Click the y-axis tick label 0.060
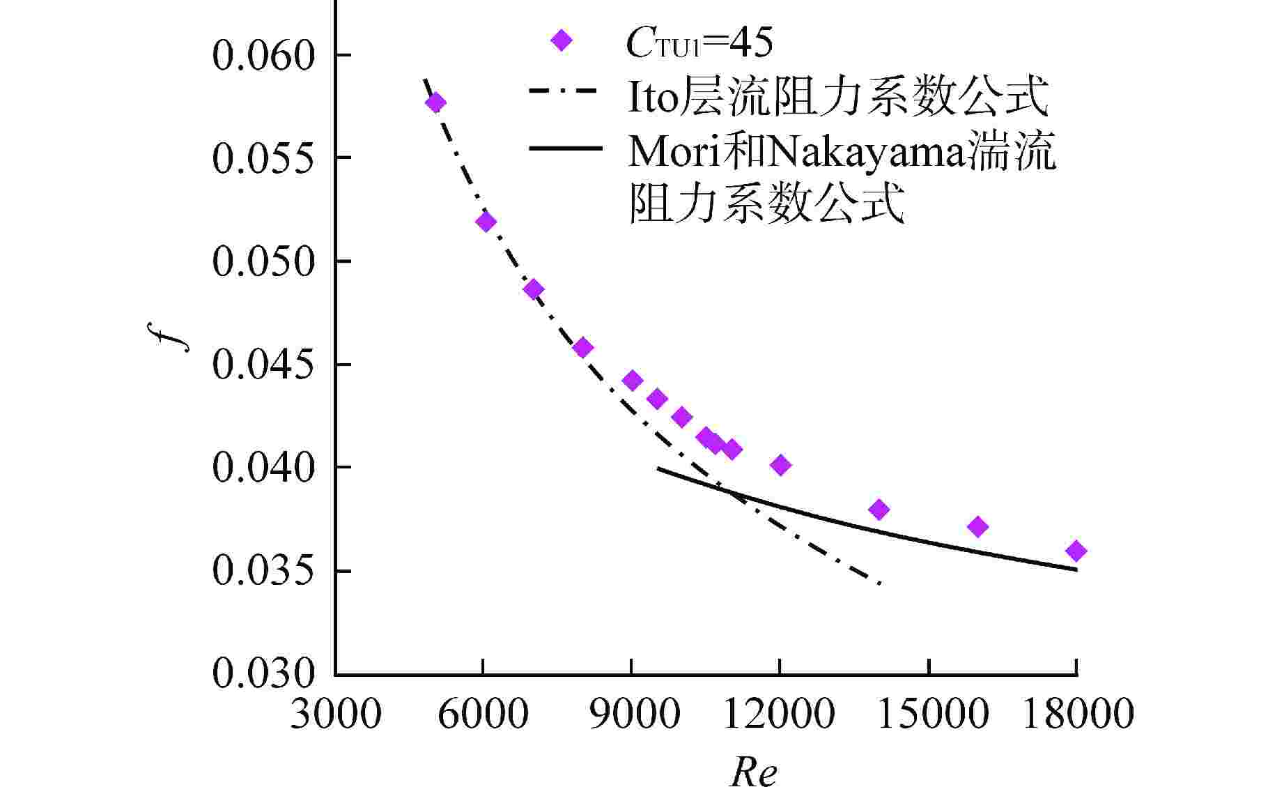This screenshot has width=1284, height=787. pyautogui.click(x=264, y=56)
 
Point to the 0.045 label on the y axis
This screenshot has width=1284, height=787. pyautogui.click(x=264, y=365)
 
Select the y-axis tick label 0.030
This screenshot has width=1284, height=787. pyautogui.click(x=264, y=673)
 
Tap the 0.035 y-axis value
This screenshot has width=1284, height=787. pyautogui.click(x=264, y=571)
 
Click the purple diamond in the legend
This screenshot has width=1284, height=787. pyautogui.click(x=561, y=40)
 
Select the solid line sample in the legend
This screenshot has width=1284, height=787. pyautogui.click(x=565, y=148)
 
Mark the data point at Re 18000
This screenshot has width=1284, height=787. pyautogui.click(x=1076, y=551)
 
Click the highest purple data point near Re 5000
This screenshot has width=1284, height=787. pyautogui.click(x=436, y=103)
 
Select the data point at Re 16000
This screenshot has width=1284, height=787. pyautogui.click(x=977, y=526)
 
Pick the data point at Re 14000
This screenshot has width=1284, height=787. pyautogui.click(x=879, y=510)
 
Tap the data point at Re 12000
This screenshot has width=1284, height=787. pyautogui.click(x=781, y=465)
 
